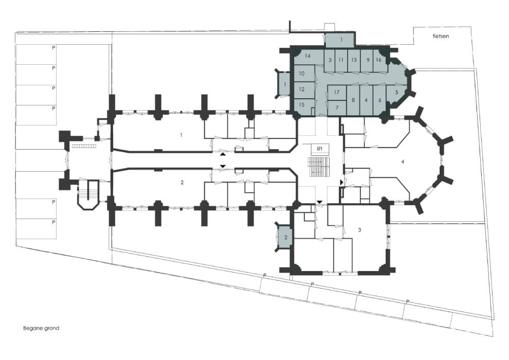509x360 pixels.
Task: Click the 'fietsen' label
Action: (x=441, y=36)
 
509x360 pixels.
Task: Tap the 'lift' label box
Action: (x=320, y=149)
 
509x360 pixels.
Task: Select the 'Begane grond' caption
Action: (x=41, y=328)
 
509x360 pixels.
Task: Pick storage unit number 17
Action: (x=337, y=93)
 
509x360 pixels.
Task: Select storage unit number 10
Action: (x=302, y=74)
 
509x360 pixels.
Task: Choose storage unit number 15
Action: (x=302, y=105)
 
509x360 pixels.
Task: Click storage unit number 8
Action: (x=353, y=100)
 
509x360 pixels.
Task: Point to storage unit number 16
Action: (x=379, y=60)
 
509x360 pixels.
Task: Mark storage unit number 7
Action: (x=337, y=108)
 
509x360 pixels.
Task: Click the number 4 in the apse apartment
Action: (x=403, y=161)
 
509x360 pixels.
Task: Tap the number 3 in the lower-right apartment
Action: (x=359, y=230)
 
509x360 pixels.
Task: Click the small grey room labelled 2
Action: (x=286, y=237)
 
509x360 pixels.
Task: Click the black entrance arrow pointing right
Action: (x=341, y=183)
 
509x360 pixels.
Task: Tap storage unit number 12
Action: (x=302, y=89)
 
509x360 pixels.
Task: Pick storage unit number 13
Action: (x=354, y=60)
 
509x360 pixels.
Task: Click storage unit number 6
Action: (x=379, y=100)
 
